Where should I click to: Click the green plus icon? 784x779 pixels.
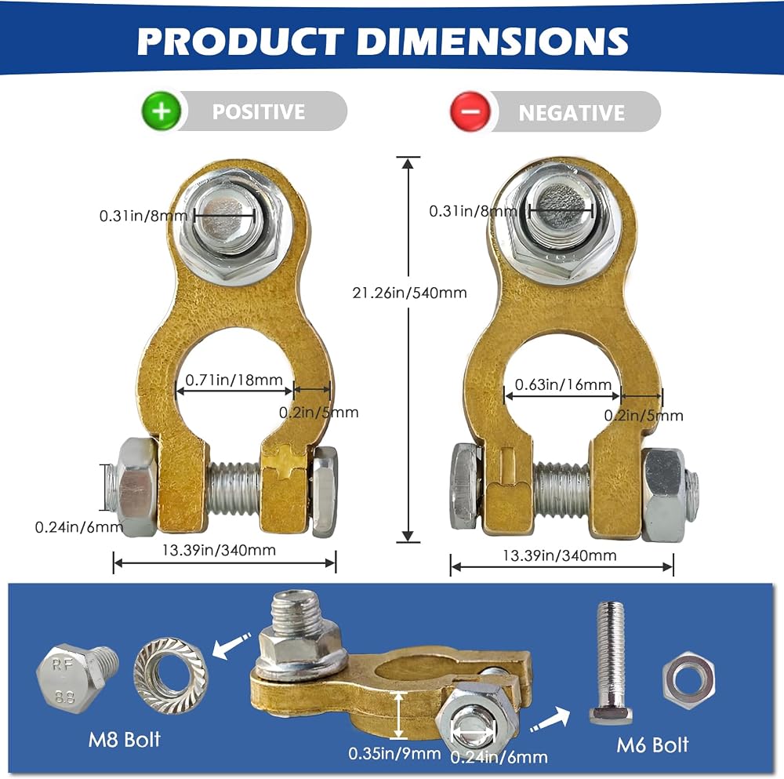coord(161,111)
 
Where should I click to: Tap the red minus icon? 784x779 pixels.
coord(470,111)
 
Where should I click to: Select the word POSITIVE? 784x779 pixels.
coord(259,111)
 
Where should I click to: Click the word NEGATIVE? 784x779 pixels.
coord(572,112)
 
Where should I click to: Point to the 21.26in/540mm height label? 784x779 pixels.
coord(409,293)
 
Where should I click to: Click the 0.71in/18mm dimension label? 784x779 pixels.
coord(234,380)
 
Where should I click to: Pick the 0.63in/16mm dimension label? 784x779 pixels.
coord(564,384)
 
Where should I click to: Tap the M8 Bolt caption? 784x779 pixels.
coord(125,740)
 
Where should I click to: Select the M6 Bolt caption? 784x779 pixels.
coord(652,745)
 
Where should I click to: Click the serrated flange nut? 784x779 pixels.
coord(171,675)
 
